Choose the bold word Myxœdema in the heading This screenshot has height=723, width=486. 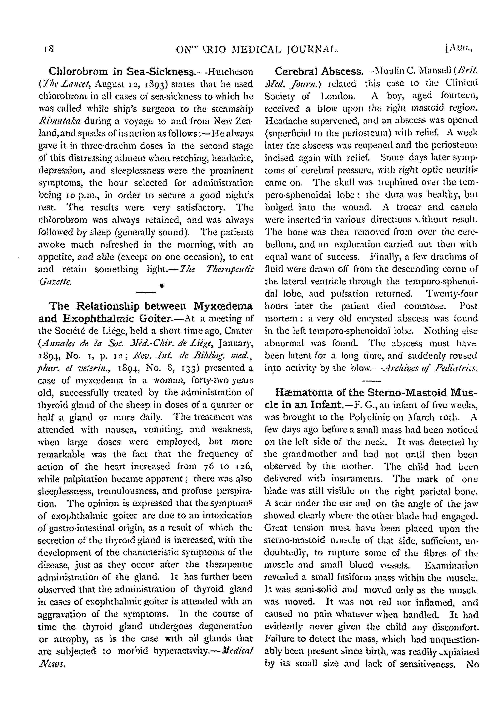[x=223, y=306]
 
